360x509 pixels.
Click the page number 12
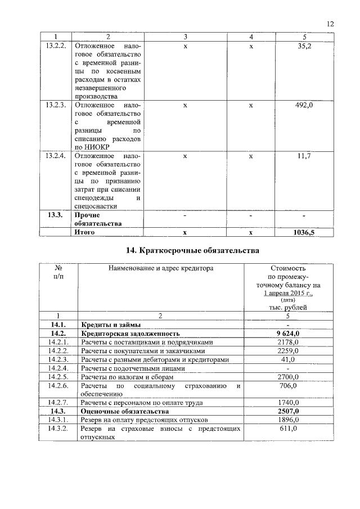[330, 24]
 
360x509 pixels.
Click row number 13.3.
[56, 215]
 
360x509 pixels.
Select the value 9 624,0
[288, 334]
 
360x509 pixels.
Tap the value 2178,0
[288, 342]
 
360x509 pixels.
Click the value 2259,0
[288, 351]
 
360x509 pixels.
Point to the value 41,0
[288, 359]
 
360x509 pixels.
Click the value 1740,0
[288, 403]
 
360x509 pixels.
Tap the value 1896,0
[288, 420]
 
